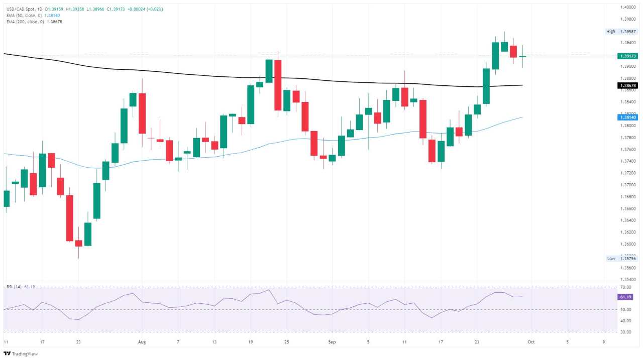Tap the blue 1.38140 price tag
(x=627, y=117)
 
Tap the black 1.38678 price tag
(x=627, y=86)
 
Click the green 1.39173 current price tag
(x=627, y=56)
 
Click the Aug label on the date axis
(x=142, y=342)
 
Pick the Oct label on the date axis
(x=529, y=342)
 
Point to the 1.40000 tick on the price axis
(x=628, y=8)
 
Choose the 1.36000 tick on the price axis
(x=628, y=244)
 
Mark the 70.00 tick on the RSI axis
(x=626, y=287)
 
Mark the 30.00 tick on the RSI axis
(x=626, y=332)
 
